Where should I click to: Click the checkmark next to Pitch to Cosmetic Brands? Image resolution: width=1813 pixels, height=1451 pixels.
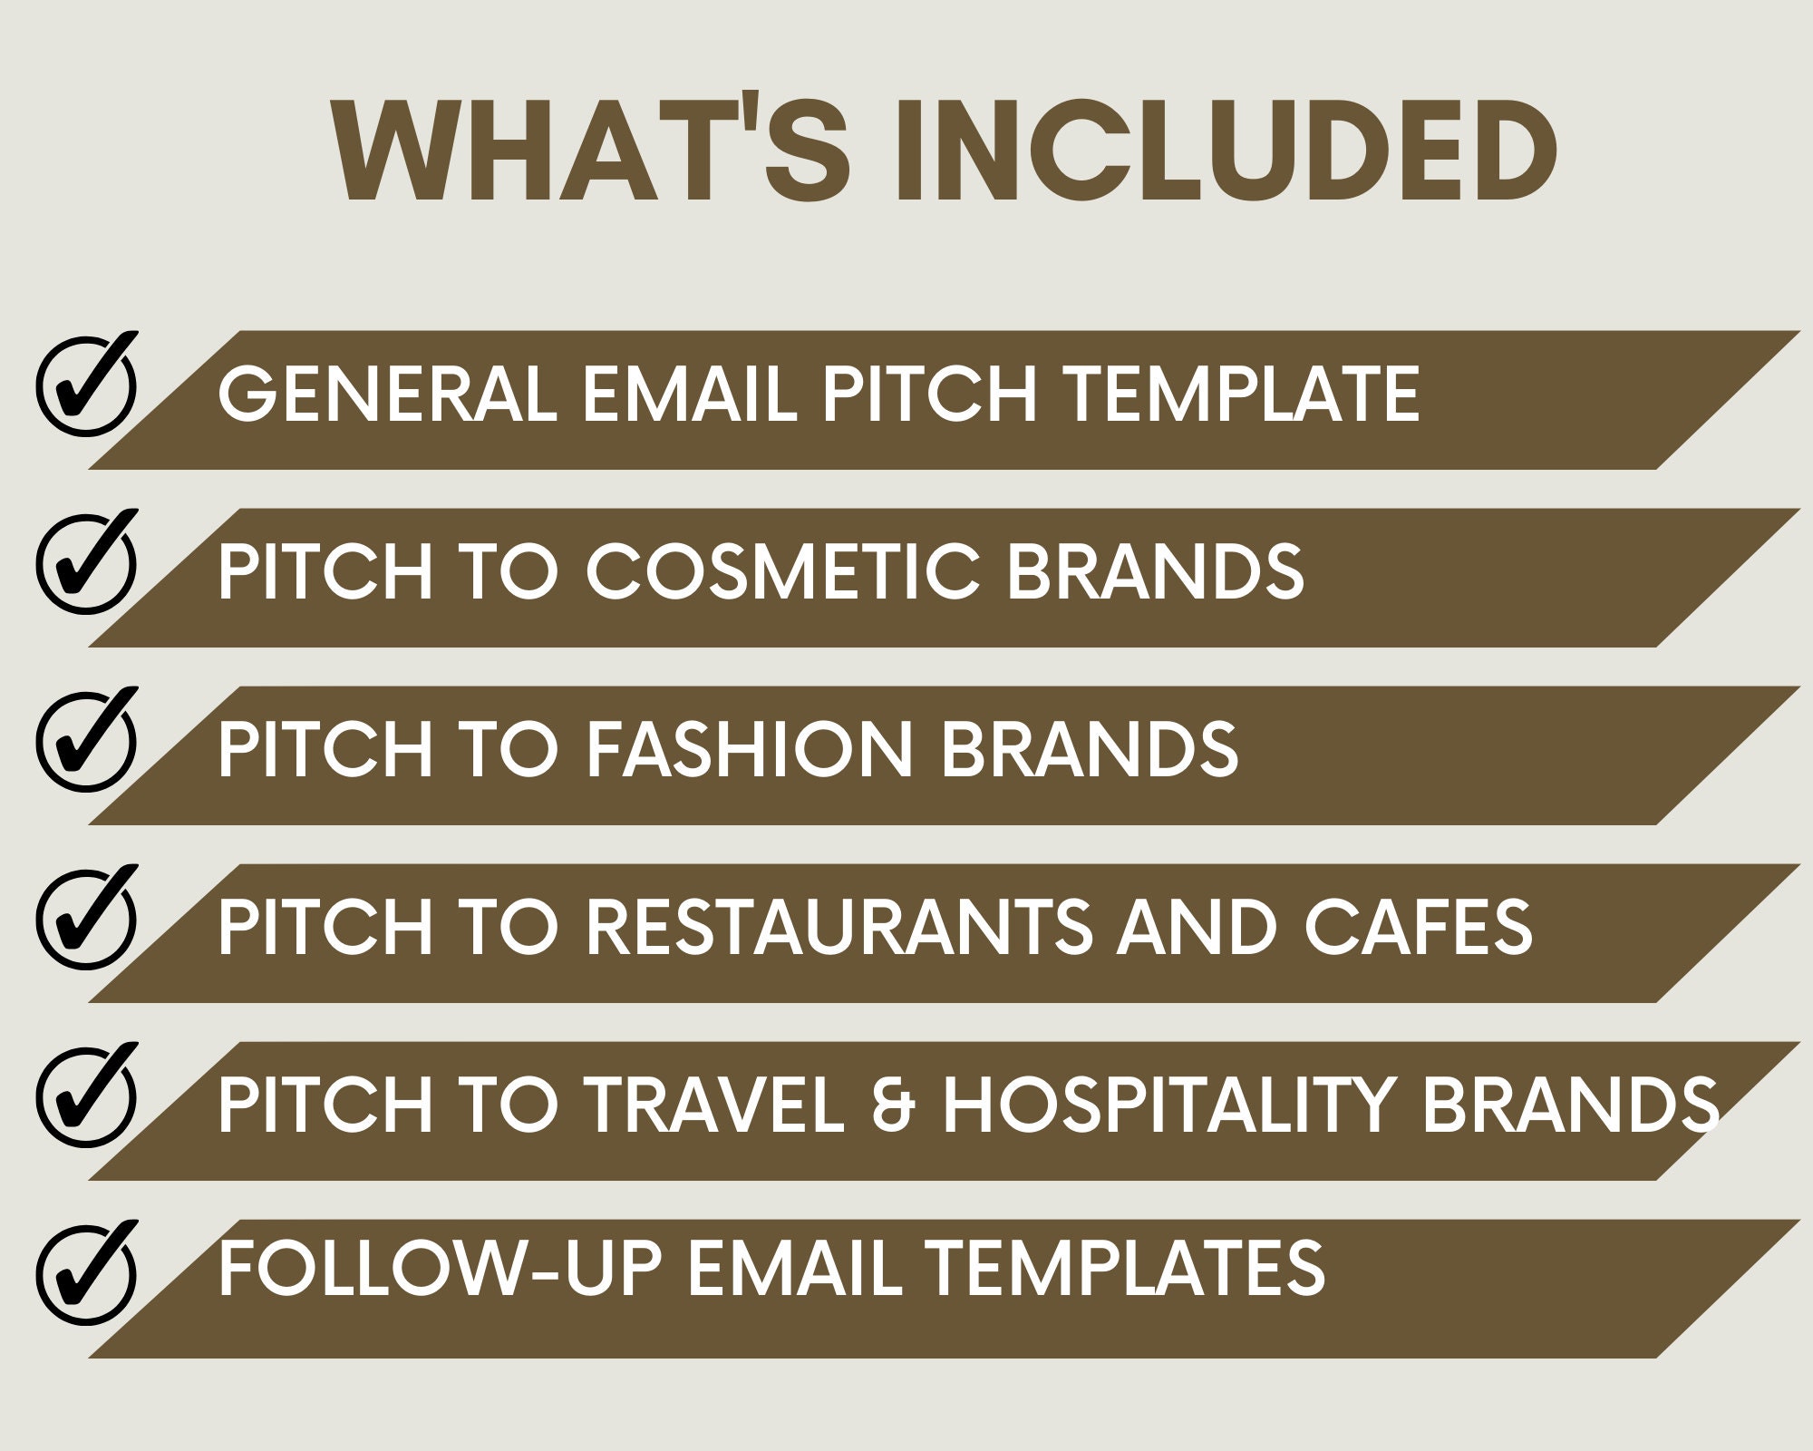pos(87,563)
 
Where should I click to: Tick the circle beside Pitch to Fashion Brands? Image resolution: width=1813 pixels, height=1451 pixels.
pos(87,741)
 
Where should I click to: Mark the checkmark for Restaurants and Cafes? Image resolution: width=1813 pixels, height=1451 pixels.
pos(87,919)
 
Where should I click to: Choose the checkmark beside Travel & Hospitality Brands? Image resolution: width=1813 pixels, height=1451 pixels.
pos(87,1096)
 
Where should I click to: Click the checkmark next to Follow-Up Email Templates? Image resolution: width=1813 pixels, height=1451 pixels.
pos(87,1274)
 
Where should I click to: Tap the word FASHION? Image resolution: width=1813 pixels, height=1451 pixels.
pos(748,749)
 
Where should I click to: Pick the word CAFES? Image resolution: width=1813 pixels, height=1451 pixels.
pos(1419,927)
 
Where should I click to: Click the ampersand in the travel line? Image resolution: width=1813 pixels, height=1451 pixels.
pos(892,1105)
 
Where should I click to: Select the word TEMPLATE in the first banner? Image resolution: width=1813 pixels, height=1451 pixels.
pos(1242,394)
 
